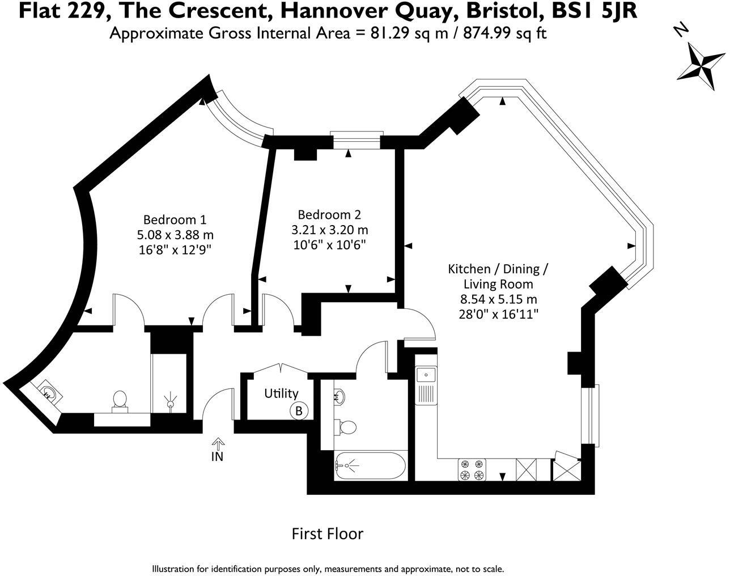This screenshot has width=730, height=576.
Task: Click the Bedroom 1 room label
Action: tap(175, 220)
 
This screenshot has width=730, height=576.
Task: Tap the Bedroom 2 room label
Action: tap(329, 215)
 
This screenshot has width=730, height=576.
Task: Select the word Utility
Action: tap(281, 393)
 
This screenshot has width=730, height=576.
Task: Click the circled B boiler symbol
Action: tap(299, 411)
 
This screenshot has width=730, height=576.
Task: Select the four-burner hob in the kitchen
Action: tap(472, 470)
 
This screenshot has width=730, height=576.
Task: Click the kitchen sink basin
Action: tap(426, 375)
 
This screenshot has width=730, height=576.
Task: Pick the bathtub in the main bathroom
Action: tap(371, 465)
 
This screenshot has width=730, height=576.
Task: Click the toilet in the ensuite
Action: tap(120, 402)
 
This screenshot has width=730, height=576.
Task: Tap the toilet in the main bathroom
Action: tap(345, 427)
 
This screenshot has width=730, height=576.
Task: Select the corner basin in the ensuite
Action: tap(48, 393)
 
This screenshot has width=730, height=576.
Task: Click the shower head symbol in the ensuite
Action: tap(169, 401)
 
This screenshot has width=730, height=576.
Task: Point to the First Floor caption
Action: tap(328, 534)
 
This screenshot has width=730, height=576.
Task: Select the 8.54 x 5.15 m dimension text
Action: tap(498, 299)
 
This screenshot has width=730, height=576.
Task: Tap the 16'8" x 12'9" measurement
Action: tap(175, 250)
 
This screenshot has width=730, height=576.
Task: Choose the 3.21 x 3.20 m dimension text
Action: tap(330, 230)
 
